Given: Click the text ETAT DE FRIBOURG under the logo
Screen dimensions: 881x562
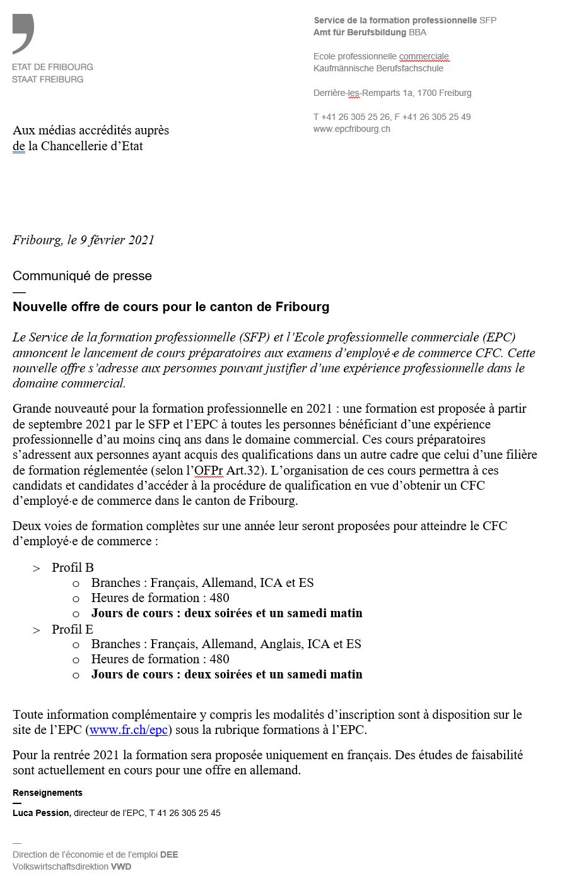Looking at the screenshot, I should (x=52, y=67).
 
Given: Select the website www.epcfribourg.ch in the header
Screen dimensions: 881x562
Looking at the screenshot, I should (x=351, y=129).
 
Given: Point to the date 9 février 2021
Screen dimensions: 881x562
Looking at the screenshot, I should (x=117, y=240).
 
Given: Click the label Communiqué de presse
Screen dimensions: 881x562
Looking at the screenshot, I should (x=82, y=276).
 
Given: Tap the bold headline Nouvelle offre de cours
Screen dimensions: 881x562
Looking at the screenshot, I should (x=171, y=307).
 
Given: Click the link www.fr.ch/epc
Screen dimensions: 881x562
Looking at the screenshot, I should (x=129, y=730).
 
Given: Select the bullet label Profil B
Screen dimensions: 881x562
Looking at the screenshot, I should (x=73, y=567).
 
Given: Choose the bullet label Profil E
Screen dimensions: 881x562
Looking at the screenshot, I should (x=73, y=629).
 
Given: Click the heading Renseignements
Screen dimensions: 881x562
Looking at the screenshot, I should (x=47, y=793).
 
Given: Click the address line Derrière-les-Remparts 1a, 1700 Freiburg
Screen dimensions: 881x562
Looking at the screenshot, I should (x=392, y=93).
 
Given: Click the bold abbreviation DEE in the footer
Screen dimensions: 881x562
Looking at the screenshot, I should (x=169, y=854).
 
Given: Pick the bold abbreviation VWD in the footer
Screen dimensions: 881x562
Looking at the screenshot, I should (x=121, y=866).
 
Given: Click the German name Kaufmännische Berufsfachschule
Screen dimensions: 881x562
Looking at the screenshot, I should (x=378, y=68).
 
